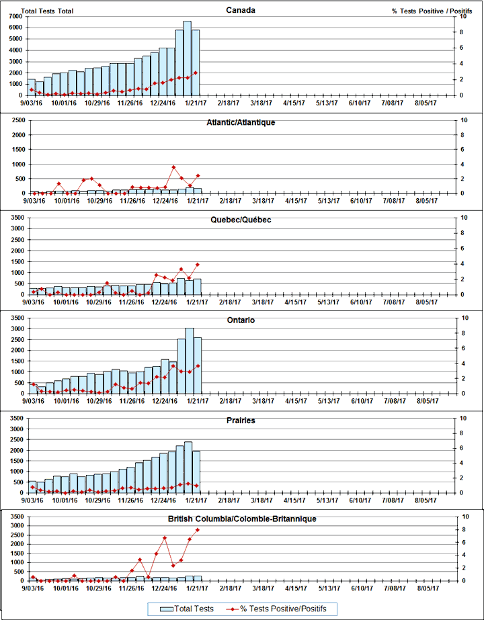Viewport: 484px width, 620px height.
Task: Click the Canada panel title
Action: [x=241, y=10]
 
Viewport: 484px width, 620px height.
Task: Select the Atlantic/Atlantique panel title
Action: [x=241, y=123]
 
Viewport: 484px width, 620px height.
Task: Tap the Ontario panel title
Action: [x=241, y=320]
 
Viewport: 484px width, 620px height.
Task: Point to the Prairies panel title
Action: [x=241, y=421]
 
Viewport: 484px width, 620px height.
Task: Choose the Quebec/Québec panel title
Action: [x=241, y=220]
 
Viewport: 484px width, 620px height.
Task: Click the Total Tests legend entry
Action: [x=189, y=609]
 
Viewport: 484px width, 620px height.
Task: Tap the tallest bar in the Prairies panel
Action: [x=188, y=468]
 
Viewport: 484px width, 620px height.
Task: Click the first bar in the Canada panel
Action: [x=32, y=87]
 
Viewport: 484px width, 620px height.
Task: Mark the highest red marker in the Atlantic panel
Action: [x=173, y=167]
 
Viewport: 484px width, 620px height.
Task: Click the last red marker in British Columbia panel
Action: [x=197, y=530]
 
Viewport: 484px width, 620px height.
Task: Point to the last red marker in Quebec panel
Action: [x=197, y=264]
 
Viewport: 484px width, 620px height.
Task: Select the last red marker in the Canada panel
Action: [x=196, y=73]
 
